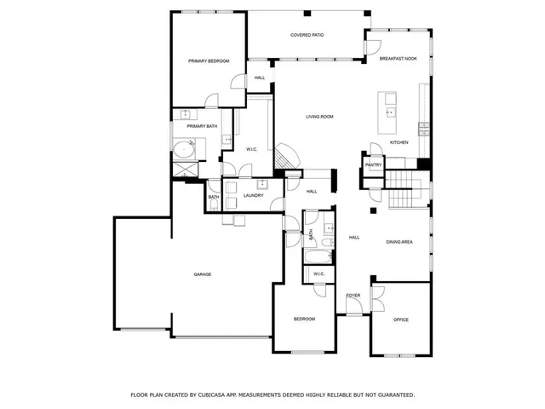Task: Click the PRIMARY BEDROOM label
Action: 209,60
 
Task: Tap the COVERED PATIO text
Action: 307,35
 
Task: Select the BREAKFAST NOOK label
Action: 399,58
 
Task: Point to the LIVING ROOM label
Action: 319,116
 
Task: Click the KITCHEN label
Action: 399,142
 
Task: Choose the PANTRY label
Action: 373,165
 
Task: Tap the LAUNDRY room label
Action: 253,195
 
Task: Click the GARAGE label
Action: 202,274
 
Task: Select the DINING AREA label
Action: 399,243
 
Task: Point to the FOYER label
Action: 353,295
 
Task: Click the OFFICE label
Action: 400,320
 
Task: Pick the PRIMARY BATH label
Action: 202,126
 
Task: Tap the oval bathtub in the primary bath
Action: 185,151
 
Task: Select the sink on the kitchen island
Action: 390,111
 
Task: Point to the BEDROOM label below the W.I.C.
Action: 304,319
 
